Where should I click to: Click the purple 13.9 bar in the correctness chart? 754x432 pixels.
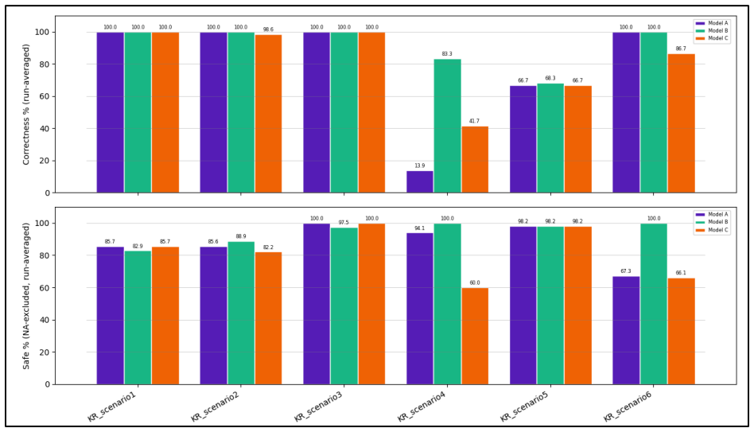420,182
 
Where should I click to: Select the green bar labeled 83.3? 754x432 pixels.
447,126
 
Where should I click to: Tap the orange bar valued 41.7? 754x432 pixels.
475,160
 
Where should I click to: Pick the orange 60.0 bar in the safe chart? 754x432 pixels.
475,337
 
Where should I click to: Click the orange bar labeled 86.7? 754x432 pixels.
681,123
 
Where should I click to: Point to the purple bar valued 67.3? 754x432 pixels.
626,330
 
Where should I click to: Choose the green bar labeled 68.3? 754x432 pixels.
550,138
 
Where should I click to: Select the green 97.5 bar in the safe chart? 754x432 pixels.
344,306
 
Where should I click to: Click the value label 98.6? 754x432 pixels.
268,29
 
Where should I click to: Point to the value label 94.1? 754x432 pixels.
420,228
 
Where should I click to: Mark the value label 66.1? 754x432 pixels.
681,273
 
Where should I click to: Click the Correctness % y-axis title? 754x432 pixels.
26,104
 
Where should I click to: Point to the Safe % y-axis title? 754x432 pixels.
26,296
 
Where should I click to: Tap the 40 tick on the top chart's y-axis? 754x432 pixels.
45,128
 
